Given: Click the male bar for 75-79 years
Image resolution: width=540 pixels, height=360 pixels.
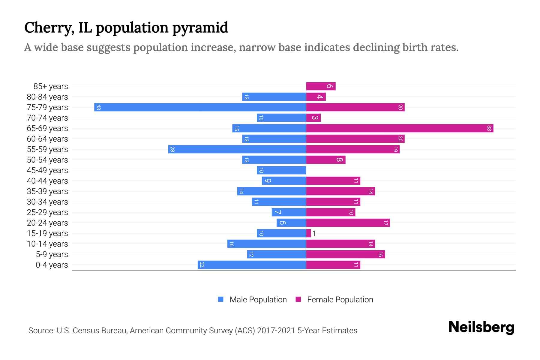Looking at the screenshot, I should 200,107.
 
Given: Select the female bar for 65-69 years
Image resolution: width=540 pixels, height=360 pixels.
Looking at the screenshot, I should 400,128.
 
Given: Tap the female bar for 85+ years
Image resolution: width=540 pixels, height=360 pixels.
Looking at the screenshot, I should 321,86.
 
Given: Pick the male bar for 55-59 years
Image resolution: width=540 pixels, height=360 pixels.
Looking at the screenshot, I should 237,149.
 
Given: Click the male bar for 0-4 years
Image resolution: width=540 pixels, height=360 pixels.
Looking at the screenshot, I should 252,265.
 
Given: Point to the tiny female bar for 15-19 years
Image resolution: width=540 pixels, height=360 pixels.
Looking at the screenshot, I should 308,233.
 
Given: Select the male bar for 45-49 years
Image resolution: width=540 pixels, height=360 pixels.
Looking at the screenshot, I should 281,170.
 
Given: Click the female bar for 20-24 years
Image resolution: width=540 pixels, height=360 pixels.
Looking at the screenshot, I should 348,223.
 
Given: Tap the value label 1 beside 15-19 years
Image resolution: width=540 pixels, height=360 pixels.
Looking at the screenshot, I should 314,233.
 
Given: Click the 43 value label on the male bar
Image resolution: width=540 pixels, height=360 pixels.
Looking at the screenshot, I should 98,107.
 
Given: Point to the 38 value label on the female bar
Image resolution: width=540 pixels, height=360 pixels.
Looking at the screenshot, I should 489,128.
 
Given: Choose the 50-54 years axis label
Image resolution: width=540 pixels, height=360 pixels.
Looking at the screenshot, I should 47,160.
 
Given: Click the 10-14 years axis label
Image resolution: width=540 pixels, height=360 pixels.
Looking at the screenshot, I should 47,244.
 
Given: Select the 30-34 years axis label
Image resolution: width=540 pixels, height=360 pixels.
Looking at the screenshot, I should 47,202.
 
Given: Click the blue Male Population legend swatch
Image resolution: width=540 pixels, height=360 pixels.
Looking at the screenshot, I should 221,299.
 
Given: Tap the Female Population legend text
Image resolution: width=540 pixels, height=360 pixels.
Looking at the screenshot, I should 340,299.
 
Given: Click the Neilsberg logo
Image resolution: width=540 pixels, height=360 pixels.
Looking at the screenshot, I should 481,327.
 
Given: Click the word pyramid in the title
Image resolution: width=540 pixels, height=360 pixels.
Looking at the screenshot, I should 200,28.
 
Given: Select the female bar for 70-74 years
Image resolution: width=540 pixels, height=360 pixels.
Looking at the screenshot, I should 313,118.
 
